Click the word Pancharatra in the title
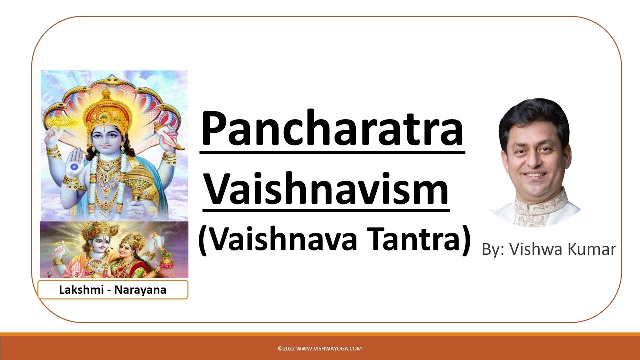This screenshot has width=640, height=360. click(x=332, y=129)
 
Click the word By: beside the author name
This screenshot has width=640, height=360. click(x=494, y=249)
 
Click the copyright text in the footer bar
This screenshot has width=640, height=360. click(x=320, y=349)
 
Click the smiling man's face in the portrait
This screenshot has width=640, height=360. click(x=534, y=155)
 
